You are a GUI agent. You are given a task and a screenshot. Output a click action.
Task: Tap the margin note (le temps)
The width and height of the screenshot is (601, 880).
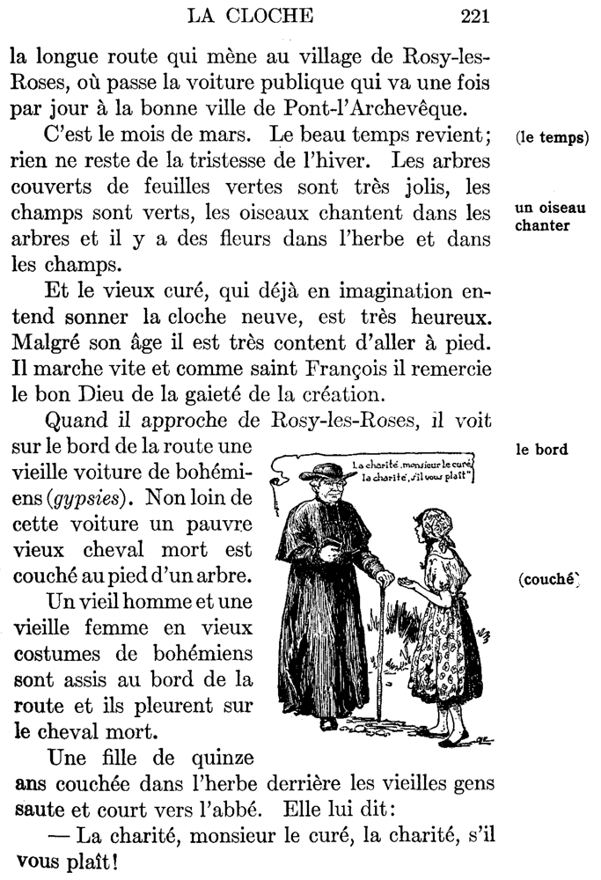coord(552,138)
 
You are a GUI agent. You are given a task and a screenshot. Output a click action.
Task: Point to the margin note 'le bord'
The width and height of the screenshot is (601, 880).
coord(541,450)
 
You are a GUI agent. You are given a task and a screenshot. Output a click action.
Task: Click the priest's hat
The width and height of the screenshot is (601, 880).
coord(327,472)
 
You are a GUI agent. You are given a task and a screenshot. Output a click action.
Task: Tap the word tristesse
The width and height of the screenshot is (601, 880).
coord(225,163)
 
